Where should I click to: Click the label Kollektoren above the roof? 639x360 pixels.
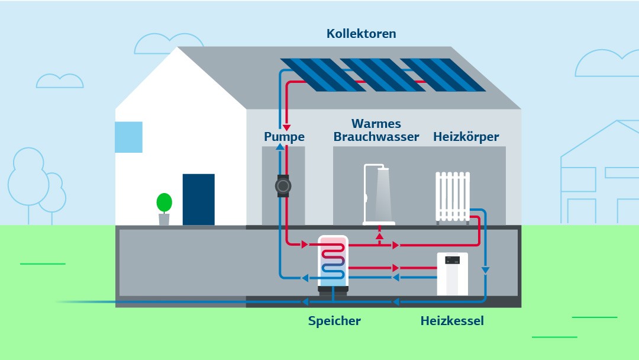[x=361, y=34]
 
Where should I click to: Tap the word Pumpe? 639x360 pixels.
[x=284, y=137]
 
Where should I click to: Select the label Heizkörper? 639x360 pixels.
[x=466, y=137]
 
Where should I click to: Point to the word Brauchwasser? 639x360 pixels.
[x=376, y=137]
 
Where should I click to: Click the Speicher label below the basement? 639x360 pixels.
[x=334, y=321]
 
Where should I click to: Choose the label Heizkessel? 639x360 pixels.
[x=452, y=321]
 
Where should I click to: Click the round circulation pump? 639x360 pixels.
[x=283, y=187]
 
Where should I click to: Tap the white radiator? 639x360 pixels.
[x=453, y=196]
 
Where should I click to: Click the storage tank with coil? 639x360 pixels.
[x=333, y=263]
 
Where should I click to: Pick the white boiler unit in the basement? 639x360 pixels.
[x=452, y=273]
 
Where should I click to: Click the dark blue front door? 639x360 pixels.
[x=198, y=199]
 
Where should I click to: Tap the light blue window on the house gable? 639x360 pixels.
[x=128, y=137]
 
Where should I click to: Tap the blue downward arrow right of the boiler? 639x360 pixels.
[x=485, y=270]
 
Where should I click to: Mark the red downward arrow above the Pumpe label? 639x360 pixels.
[x=286, y=127]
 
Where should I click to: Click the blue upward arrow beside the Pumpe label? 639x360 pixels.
[x=279, y=146]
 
